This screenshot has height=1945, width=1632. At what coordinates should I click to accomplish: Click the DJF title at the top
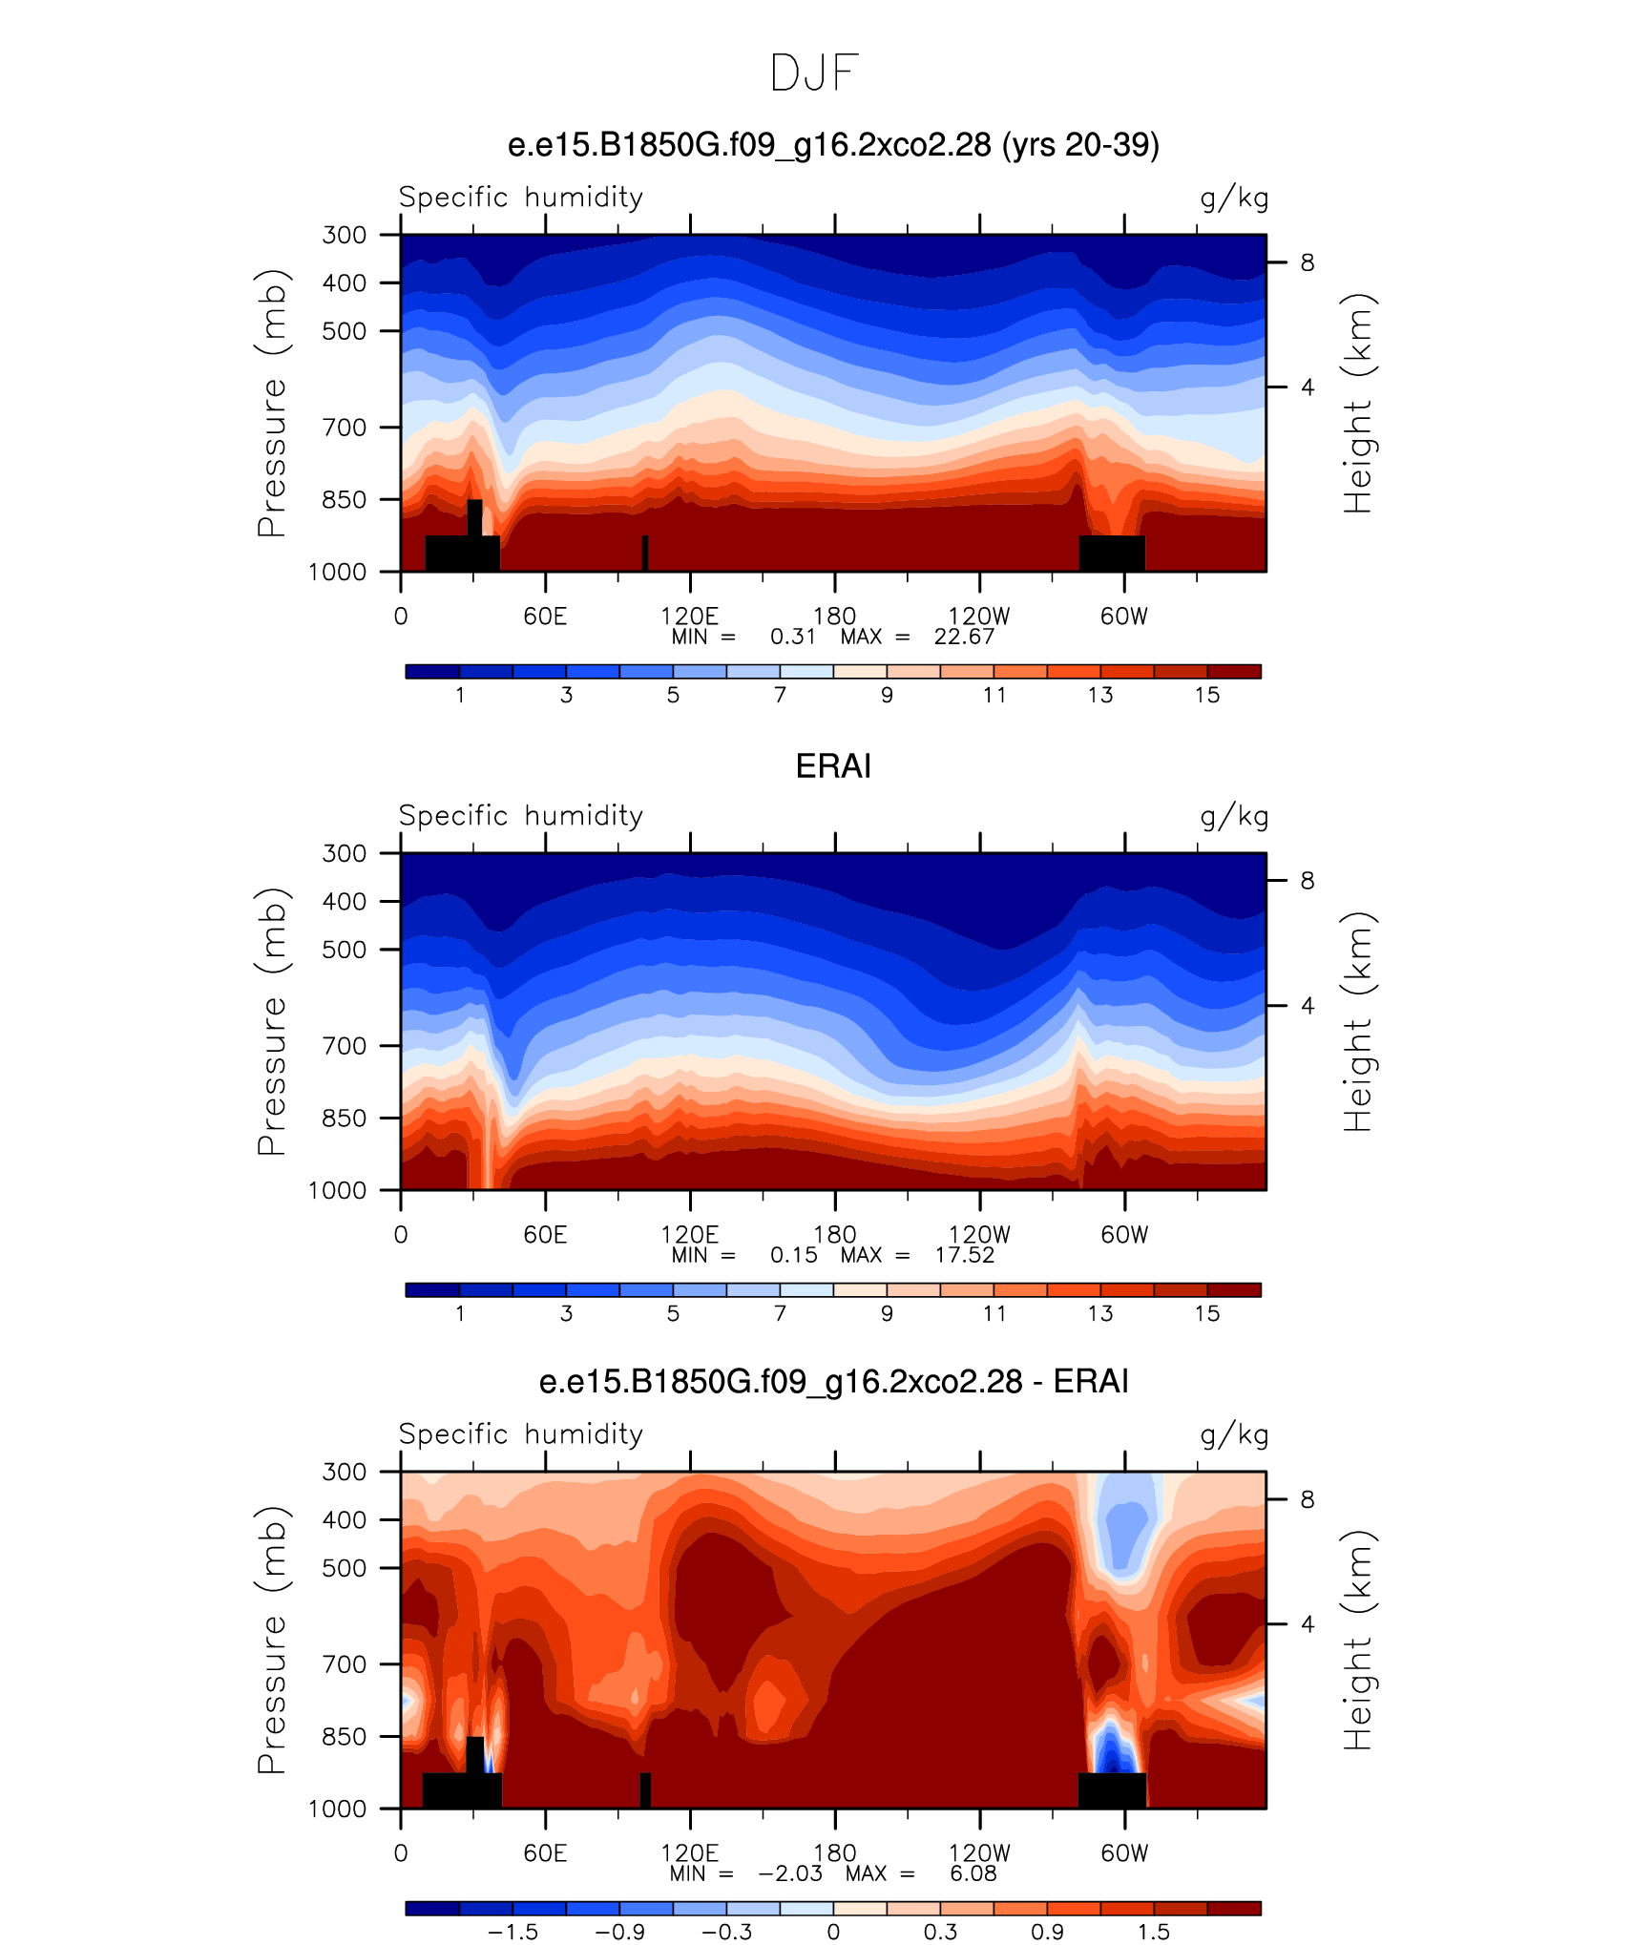815,73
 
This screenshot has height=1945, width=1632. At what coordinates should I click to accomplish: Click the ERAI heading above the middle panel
833,766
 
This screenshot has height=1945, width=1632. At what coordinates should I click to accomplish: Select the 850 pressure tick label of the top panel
344,499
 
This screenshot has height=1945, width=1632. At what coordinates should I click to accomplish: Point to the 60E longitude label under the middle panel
545,1235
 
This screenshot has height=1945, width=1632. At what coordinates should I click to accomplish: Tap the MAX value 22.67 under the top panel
964,637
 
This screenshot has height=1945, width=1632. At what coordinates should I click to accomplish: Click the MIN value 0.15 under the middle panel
794,1255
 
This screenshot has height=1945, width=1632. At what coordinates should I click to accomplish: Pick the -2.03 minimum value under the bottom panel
790,1873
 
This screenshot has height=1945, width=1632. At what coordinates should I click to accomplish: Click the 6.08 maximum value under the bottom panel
973,1873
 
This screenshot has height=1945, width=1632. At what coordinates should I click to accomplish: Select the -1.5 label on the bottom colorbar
513,1932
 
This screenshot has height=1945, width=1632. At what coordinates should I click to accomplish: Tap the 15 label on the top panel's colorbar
1207,695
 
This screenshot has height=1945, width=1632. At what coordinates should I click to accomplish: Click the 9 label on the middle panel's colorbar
887,1313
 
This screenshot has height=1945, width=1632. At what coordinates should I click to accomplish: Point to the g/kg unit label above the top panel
1234,198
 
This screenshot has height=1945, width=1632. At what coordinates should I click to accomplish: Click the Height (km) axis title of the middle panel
1357,1021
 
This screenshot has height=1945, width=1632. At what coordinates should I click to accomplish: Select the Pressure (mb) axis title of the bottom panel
271,1640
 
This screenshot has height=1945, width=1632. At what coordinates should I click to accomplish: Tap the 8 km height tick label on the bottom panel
1307,1499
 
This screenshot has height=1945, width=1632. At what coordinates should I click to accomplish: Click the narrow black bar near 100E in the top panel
645,554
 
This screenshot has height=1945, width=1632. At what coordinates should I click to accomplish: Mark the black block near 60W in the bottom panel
1112,1790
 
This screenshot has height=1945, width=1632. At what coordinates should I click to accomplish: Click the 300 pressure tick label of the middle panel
344,853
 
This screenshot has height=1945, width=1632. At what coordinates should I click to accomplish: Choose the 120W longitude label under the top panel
979,617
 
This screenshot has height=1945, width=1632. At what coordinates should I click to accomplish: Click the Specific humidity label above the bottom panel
521,1434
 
